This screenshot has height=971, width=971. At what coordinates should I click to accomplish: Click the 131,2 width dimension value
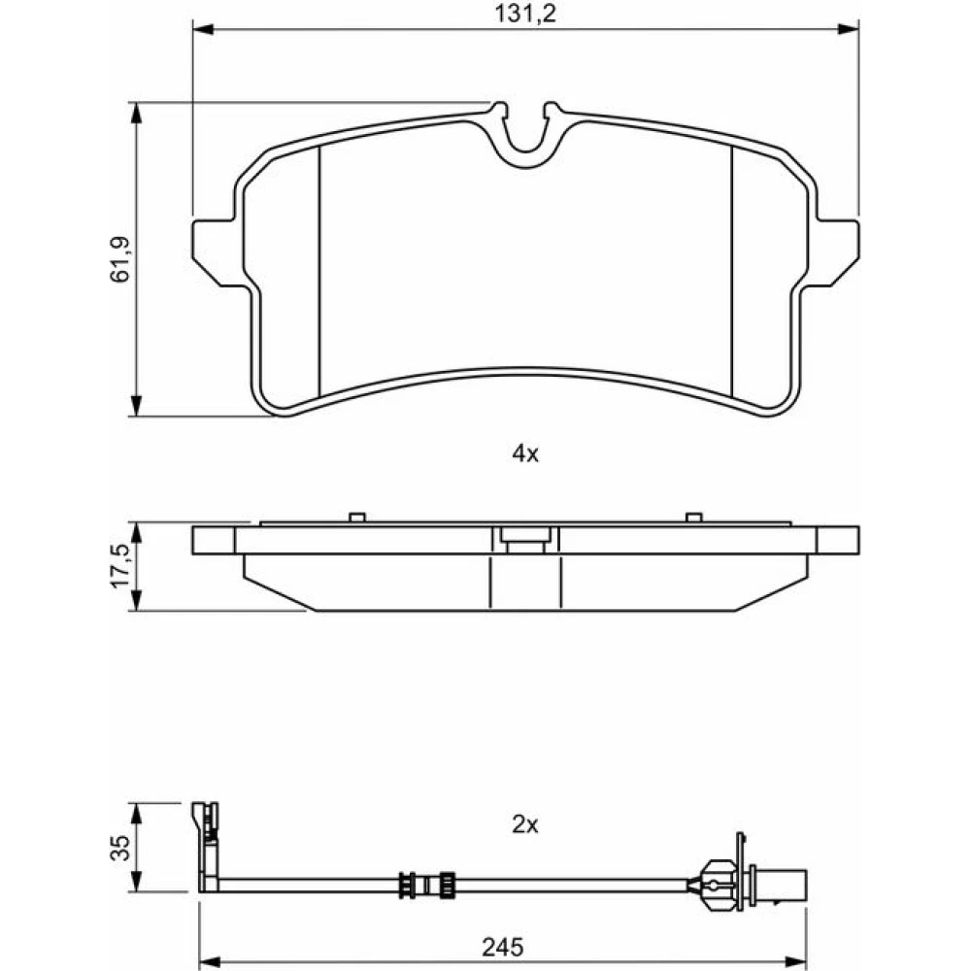[x=525, y=14]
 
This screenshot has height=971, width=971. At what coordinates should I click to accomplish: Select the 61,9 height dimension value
[x=120, y=259]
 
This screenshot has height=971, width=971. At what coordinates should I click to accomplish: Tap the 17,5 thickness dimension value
[x=120, y=566]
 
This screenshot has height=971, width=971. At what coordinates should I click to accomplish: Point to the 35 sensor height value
[x=121, y=847]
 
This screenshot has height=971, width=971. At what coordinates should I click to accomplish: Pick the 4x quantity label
[x=525, y=453]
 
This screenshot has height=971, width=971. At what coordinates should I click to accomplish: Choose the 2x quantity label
[x=525, y=824]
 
